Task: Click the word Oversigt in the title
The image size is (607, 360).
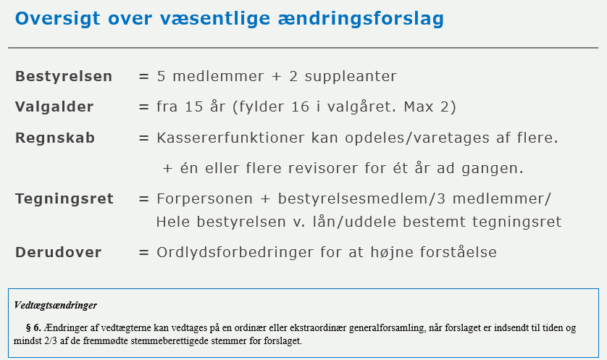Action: coord(58,20)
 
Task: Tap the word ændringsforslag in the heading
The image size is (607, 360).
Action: coord(361,20)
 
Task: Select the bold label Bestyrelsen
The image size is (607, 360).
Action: coord(64,77)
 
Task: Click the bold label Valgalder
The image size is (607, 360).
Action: coord(54,106)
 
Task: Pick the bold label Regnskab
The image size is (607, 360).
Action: coord(55,138)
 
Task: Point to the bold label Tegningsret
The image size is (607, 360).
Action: coord(64,199)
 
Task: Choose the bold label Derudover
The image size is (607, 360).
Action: coord(59,252)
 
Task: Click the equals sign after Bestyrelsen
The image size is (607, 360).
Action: coord(143,77)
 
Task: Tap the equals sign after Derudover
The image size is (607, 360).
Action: coord(143,253)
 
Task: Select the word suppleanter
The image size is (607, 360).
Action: coord(351,77)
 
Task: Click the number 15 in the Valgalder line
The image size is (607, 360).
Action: coord(194,106)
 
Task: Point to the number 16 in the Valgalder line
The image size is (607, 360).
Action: coord(300,106)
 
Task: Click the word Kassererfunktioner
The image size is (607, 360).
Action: coord(231,138)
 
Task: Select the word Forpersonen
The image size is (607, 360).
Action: coord(205,199)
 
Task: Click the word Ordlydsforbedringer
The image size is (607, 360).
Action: coord(235,252)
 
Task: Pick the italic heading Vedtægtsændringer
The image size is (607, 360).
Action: coord(55,306)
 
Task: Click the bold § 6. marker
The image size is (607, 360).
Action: coord(33,328)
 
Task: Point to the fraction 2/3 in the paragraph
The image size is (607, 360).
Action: coord(50,341)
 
